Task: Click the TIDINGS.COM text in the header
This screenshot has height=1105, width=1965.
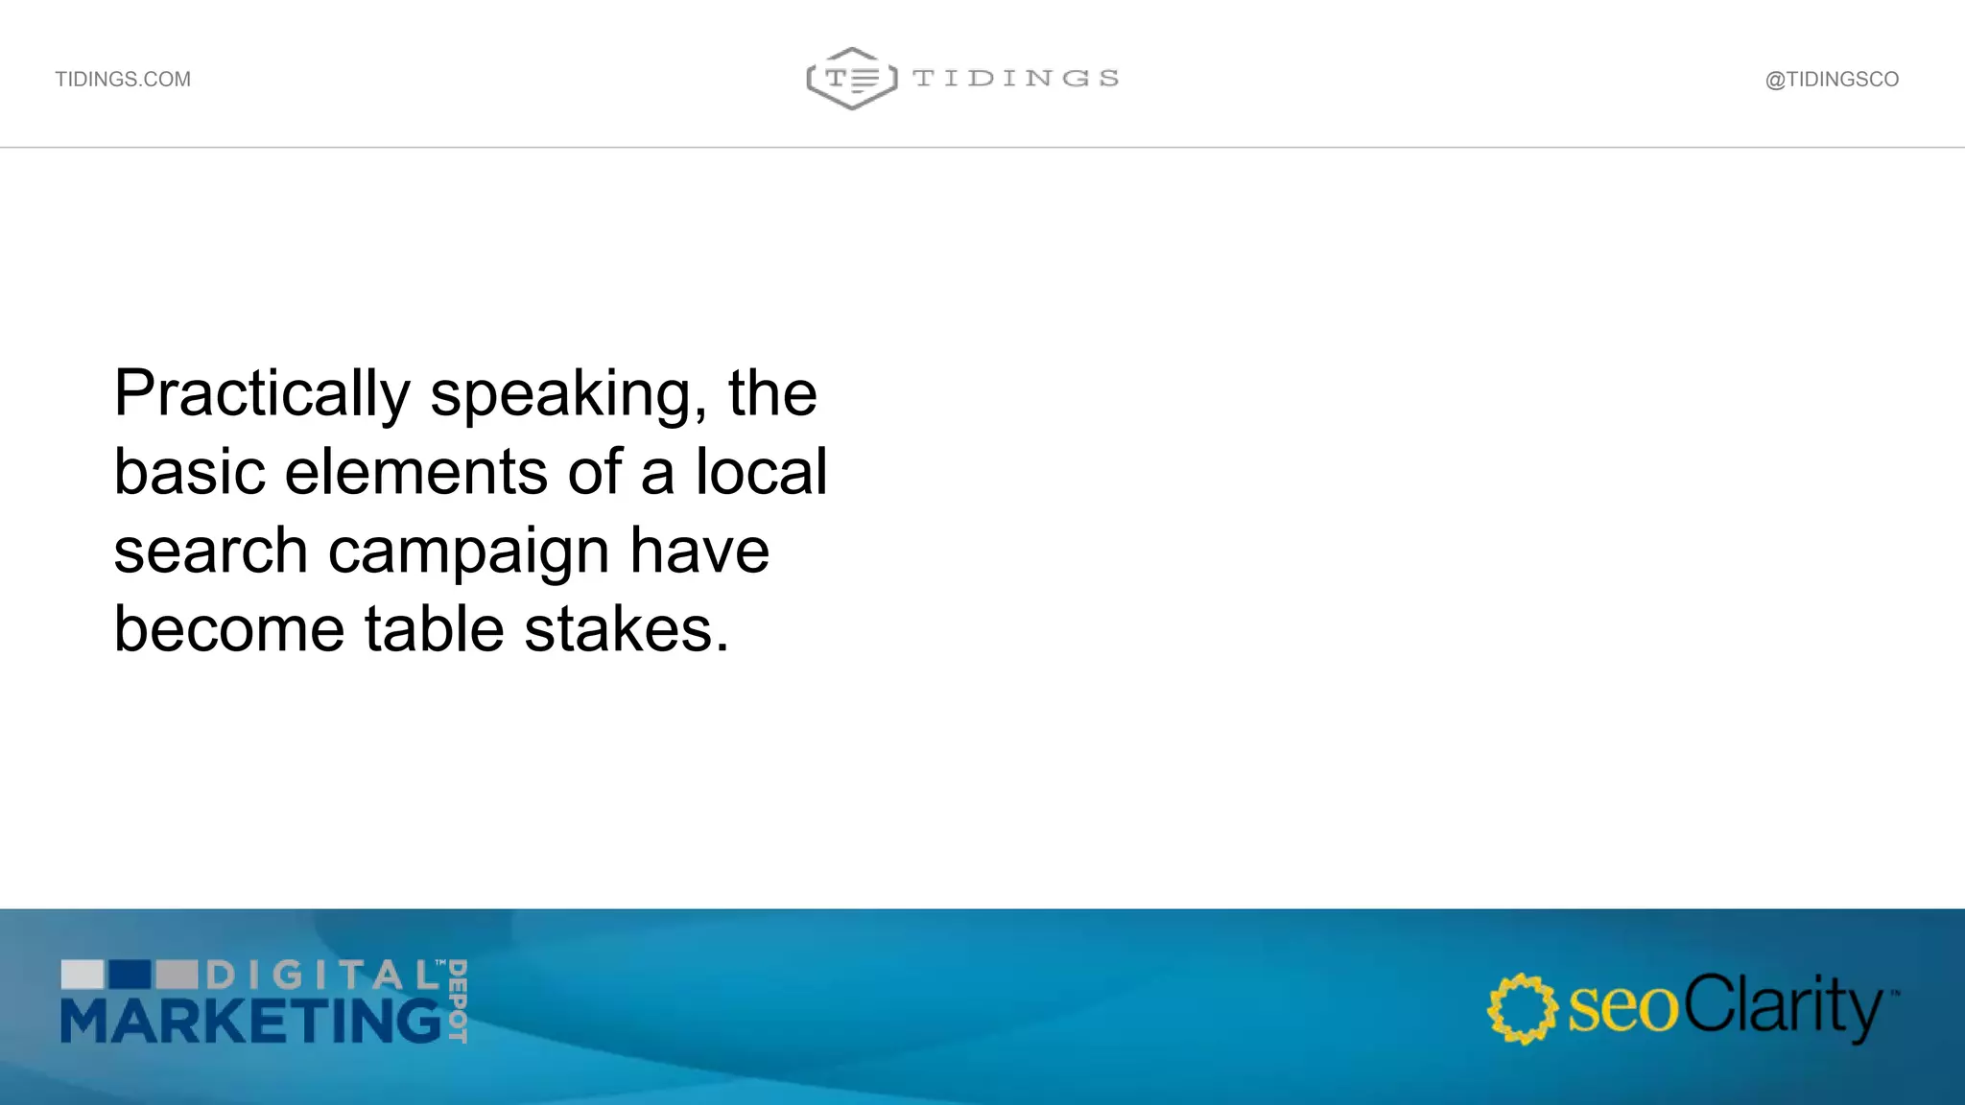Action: point(123,80)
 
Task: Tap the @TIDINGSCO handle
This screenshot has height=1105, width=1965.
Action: point(1832,80)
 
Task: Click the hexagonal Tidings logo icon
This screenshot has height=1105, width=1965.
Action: point(852,79)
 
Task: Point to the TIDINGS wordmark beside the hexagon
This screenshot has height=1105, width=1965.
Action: point(1015,79)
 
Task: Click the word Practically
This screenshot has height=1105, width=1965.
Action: point(262,394)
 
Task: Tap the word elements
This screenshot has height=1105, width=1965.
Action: point(416,472)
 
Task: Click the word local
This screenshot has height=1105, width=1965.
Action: point(761,472)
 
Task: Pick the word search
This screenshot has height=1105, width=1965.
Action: point(211,552)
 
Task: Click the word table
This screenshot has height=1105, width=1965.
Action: point(434,629)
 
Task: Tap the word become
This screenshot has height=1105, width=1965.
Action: point(228,629)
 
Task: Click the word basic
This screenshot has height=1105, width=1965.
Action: point(189,472)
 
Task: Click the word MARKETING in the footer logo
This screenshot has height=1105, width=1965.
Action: point(251,1020)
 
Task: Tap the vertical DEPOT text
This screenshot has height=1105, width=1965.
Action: point(458,1000)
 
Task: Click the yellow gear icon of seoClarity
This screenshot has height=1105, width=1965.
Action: point(1522,1008)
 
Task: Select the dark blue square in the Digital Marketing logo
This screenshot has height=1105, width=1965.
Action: point(130,975)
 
